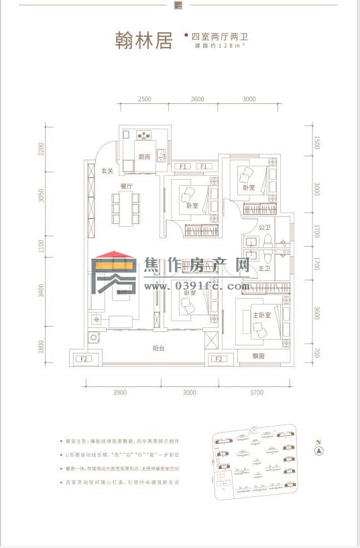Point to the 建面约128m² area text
[x=212, y=46]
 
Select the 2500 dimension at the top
[x=145, y=99]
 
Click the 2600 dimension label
[x=196, y=99]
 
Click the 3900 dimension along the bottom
[x=120, y=392]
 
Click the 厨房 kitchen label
[x=144, y=157]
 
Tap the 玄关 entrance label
[x=107, y=171]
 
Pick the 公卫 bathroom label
[x=263, y=228]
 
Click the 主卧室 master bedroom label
[x=261, y=314]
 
